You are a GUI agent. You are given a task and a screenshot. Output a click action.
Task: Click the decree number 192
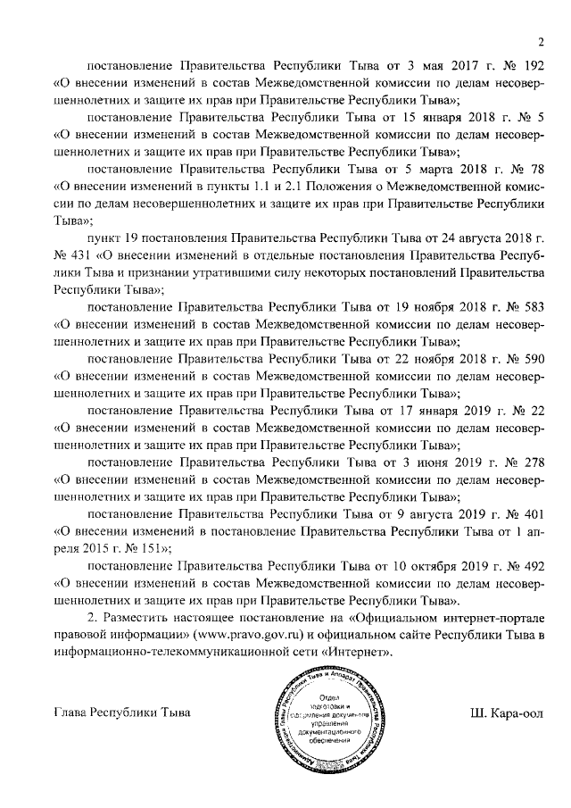[x=534, y=66]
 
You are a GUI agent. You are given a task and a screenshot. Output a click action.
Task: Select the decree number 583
[x=534, y=306]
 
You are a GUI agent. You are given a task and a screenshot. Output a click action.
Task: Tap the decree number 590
[x=534, y=358]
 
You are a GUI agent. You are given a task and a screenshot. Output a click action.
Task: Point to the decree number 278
[x=534, y=462]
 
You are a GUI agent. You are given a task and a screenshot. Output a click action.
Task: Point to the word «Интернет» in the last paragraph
[x=363, y=652]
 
